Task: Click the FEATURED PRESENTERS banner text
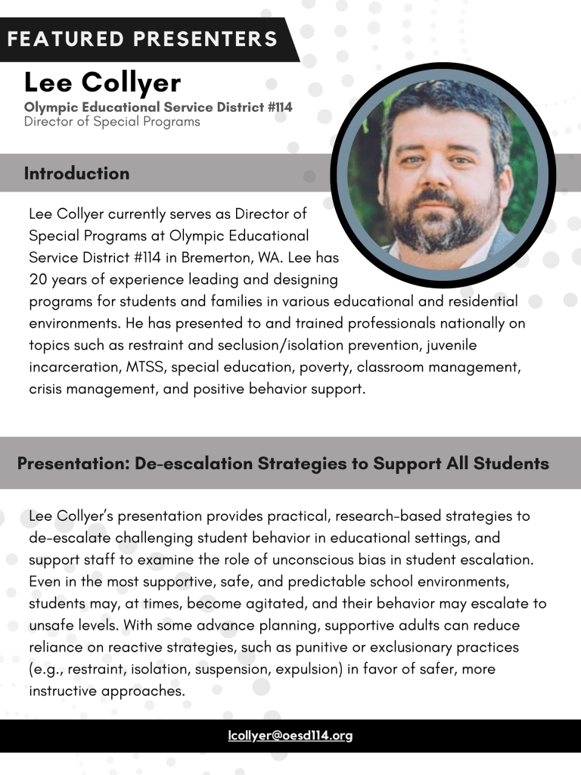(x=142, y=38)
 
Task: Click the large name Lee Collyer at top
(x=102, y=82)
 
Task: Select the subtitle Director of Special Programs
(x=112, y=121)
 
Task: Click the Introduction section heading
(x=76, y=173)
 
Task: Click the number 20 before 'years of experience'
(x=37, y=279)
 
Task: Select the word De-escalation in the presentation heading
(x=194, y=463)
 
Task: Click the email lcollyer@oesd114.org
(x=290, y=736)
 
